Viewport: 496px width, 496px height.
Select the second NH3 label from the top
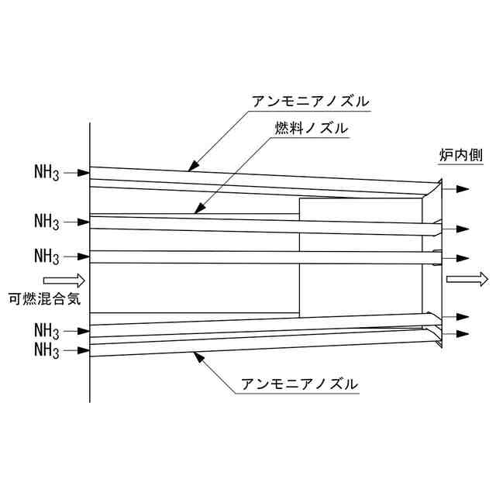click(x=47, y=222)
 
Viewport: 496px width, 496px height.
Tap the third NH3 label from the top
click(x=47, y=256)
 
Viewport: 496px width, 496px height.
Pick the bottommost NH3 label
click(x=47, y=350)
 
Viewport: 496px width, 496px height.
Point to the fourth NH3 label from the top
click(x=47, y=331)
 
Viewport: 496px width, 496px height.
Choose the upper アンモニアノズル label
click(x=311, y=102)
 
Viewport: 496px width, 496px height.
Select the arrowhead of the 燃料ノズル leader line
click(x=198, y=208)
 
